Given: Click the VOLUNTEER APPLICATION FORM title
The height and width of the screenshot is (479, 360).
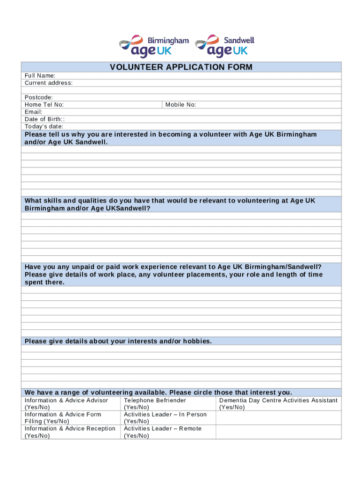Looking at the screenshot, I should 181,67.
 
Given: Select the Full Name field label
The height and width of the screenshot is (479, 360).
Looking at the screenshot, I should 40,76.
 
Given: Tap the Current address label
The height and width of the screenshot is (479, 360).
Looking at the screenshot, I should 49,83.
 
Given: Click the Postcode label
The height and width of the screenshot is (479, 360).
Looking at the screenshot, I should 39,97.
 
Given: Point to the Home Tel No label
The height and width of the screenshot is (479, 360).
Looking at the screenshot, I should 44,105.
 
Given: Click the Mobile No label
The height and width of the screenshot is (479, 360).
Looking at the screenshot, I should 180,105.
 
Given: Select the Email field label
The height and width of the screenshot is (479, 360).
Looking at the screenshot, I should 34,112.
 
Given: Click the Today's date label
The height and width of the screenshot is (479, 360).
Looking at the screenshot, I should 44,126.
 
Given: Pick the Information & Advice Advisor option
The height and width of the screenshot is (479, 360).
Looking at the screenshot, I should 66,404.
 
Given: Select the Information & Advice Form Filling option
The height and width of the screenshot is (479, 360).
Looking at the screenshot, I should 63,418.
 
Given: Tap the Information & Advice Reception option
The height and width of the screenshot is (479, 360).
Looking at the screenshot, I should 70,432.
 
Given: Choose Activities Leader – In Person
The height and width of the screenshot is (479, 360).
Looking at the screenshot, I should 165,418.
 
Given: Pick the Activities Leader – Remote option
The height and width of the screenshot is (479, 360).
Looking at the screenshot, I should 163,432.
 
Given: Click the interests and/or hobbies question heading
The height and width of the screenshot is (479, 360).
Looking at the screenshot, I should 118,341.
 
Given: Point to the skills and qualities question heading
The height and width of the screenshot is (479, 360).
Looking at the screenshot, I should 170,204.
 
